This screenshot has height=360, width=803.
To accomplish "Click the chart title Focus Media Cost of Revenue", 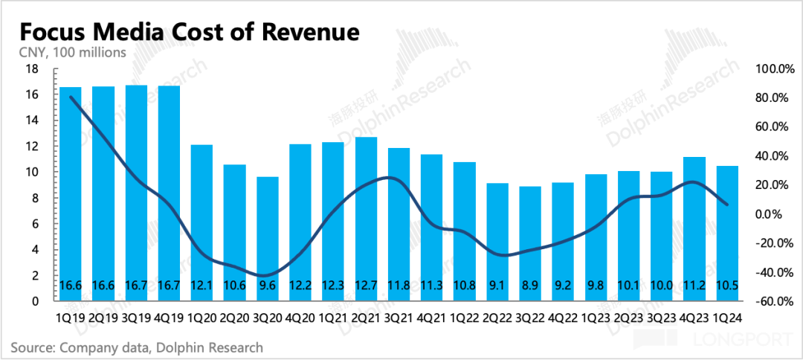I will [x=189, y=33].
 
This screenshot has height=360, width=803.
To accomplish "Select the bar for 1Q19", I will [x=71, y=193].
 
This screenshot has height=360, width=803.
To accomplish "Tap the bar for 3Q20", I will [x=268, y=238].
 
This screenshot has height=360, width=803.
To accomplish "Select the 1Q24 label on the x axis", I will [x=726, y=318].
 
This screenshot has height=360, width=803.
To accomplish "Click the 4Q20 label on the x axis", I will [x=300, y=318].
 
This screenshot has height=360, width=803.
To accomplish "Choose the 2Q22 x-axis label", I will [x=497, y=318].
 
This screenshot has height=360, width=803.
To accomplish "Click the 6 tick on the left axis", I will [x=35, y=224].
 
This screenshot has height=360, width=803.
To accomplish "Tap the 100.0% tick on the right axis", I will [x=775, y=69].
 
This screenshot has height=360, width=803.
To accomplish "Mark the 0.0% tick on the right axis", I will [x=778, y=214].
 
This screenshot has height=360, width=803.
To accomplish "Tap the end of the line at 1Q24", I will [x=726, y=205].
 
